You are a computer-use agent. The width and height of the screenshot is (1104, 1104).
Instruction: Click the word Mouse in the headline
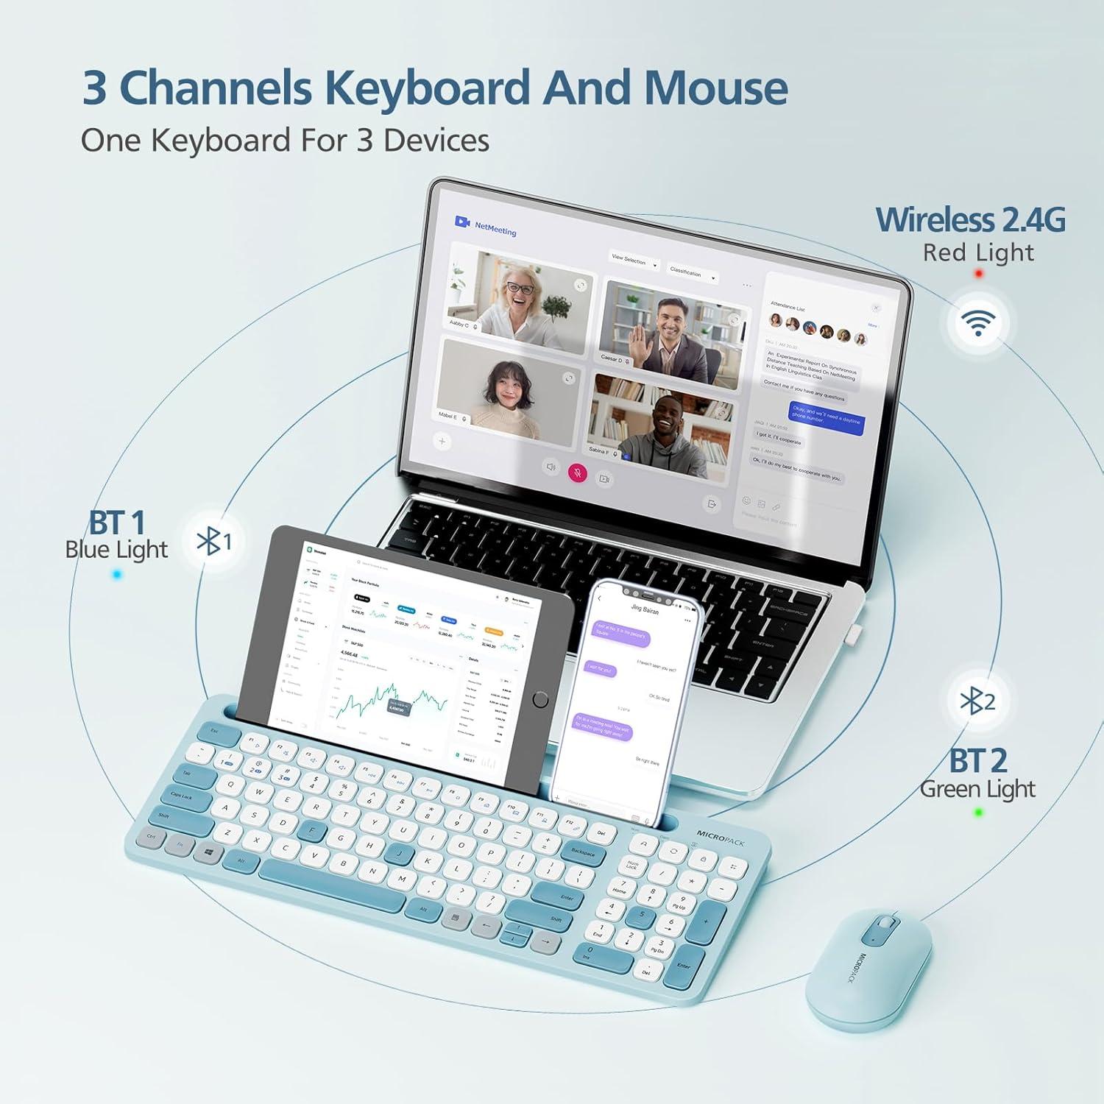pos(715,88)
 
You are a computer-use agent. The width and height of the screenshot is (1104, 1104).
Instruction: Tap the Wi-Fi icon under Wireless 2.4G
pos(978,322)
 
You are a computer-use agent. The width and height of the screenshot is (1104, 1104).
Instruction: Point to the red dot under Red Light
pos(978,274)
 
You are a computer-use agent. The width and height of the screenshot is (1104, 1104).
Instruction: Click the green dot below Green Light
pos(978,813)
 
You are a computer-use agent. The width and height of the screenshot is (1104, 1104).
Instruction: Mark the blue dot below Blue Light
pos(117,575)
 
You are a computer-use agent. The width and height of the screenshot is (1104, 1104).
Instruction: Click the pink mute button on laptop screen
pos(578,473)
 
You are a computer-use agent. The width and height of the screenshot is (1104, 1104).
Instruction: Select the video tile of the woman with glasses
pos(520,292)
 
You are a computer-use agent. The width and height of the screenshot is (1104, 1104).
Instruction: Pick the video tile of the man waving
pos(670,335)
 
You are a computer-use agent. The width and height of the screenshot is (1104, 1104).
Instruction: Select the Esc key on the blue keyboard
pos(215,732)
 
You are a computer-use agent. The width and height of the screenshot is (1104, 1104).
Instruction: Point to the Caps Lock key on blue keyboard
pos(183,798)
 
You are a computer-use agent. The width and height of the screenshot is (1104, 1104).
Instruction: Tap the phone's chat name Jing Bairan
pos(645,609)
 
